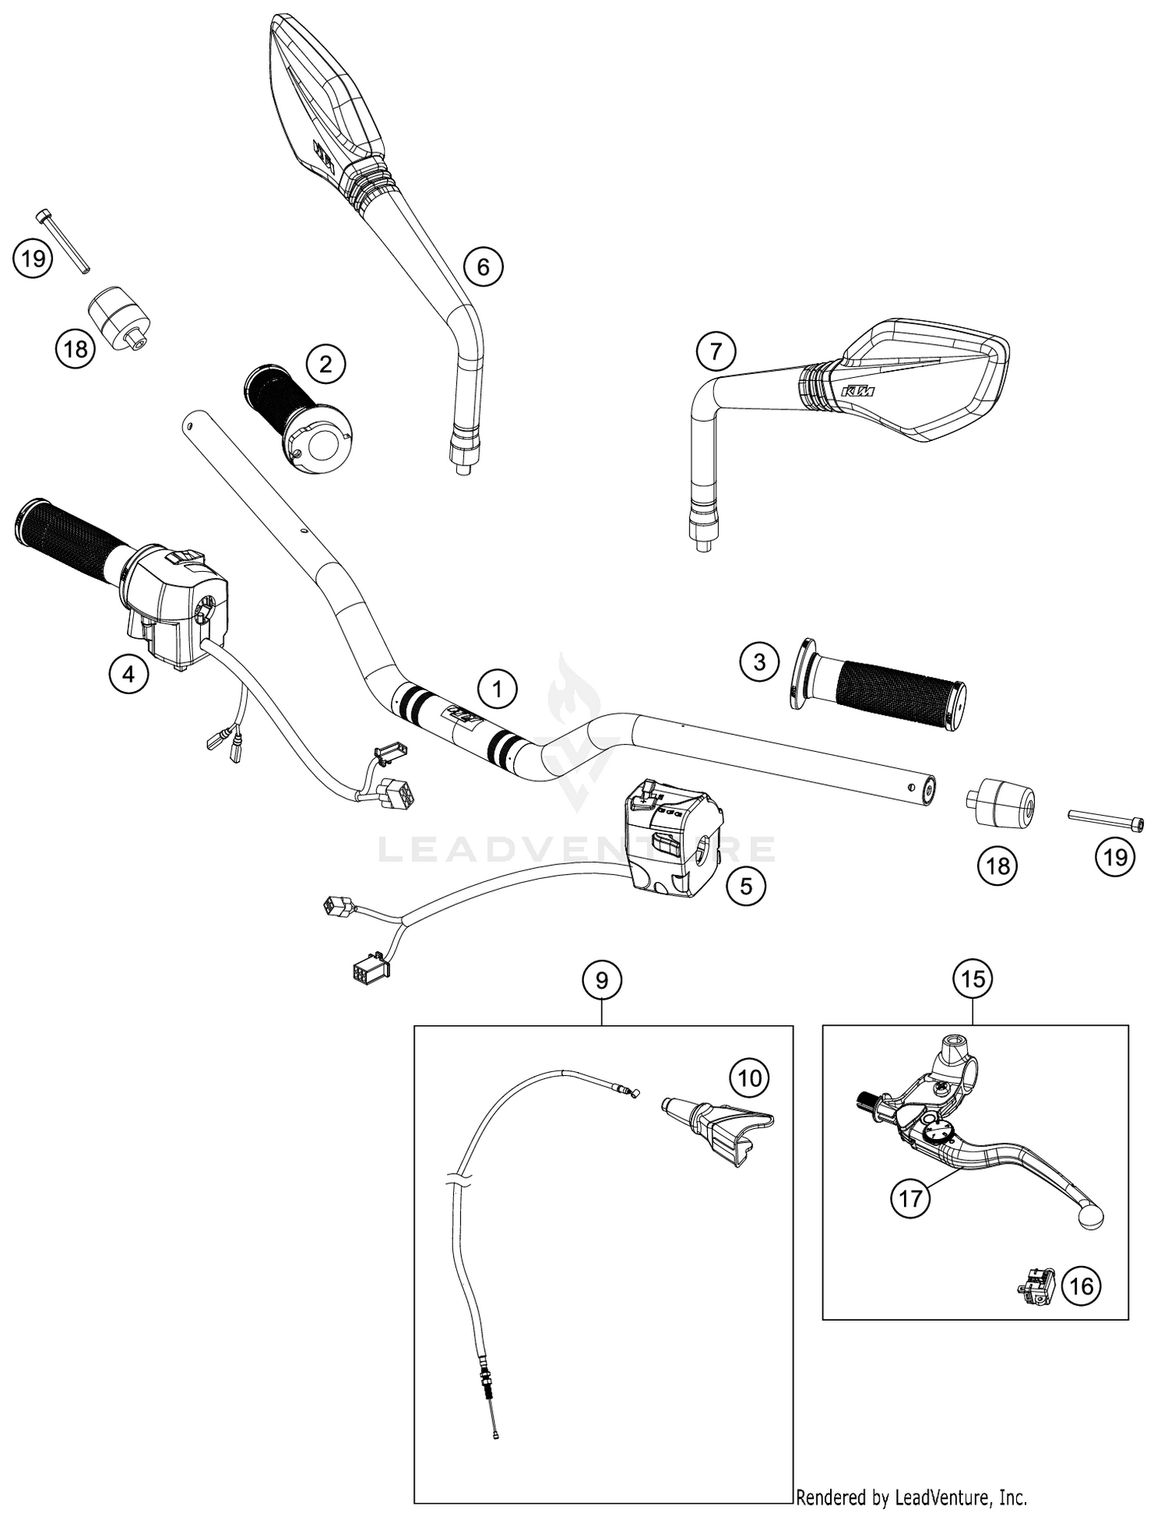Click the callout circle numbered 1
tap(498, 689)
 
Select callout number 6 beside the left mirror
tap(483, 266)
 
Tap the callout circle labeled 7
tap(715, 352)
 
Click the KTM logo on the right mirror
tap(858, 392)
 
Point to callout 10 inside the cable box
tap(749, 1078)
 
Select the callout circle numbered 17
tap(910, 1198)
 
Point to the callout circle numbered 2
tap(325, 363)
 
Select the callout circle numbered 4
tap(128, 674)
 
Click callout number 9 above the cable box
tap(602, 980)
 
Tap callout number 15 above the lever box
tap(973, 979)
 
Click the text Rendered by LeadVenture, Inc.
tap(911, 1497)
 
